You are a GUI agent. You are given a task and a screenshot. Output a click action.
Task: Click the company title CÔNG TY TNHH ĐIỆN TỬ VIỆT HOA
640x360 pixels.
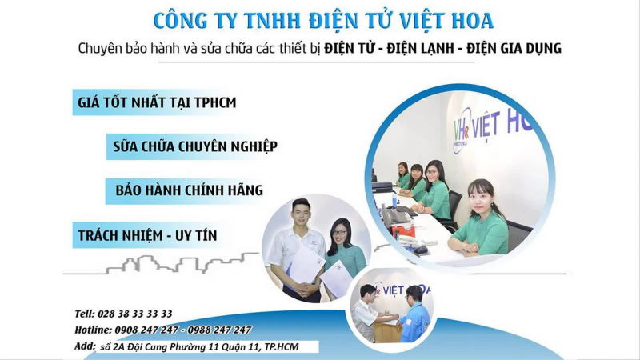pyautogui.click(x=323, y=21)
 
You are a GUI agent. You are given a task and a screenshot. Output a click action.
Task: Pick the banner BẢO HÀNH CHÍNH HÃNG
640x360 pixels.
pyautogui.click(x=189, y=190)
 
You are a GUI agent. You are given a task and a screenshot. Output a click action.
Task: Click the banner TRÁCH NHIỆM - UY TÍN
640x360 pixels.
pyautogui.click(x=147, y=235)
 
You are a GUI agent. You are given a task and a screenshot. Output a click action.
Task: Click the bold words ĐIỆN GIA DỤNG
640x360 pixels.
pyautogui.click(x=514, y=49)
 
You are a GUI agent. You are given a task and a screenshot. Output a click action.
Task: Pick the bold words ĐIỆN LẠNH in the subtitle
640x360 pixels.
pyautogui.click(x=421, y=49)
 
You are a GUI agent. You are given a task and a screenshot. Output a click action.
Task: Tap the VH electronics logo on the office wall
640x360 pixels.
pyautogui.click(x=462, y=130)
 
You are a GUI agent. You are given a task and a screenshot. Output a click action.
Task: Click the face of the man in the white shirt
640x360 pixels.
pyautogui.click(x=301, y=214)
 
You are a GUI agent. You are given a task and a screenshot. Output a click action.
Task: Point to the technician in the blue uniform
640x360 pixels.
pyautogui.click(x=415, y=314)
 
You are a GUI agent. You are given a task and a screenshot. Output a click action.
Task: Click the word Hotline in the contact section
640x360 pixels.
pyautogui.click(x=93, y=330)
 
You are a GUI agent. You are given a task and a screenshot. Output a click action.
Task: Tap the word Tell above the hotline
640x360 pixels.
pyautogui.click(x=84, y=314)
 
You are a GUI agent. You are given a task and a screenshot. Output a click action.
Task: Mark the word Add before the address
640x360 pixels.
pyautogui.click(x=85, y=346)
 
